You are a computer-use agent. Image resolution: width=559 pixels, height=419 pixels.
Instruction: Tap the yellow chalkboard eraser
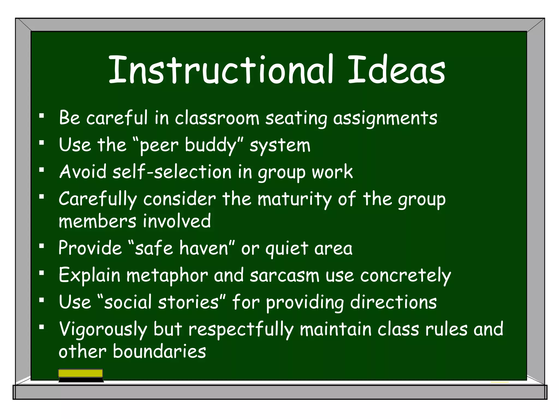[x=81, y=373]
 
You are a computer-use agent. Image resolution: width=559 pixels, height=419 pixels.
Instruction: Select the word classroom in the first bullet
[x=217, y=118]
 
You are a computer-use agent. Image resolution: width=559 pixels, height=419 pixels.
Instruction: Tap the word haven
[x=204, y=248]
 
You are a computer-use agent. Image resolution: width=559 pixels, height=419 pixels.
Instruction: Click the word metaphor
[x=167, y=276]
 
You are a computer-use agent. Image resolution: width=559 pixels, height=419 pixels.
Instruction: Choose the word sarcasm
[x=284, y=276]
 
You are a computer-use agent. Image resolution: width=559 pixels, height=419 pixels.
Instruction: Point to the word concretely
[x=405, y=276]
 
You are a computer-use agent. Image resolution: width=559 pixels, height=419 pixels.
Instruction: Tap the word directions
[x=393, y=303]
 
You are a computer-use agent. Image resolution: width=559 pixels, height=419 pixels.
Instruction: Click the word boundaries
[x=159, y=351]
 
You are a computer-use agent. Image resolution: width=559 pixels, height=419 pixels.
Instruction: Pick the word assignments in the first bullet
[x=385, y=118]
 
